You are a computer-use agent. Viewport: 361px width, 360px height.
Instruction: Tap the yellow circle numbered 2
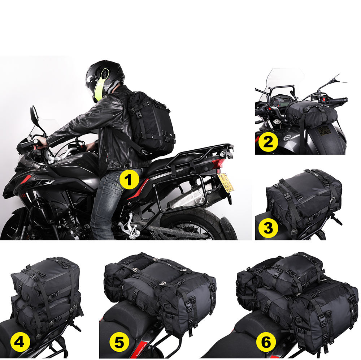click(x=268, y=142)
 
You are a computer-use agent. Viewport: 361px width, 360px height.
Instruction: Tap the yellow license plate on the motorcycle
click(x=226, y=183)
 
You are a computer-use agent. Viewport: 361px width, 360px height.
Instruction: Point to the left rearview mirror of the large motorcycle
click(x=34, y=113)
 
